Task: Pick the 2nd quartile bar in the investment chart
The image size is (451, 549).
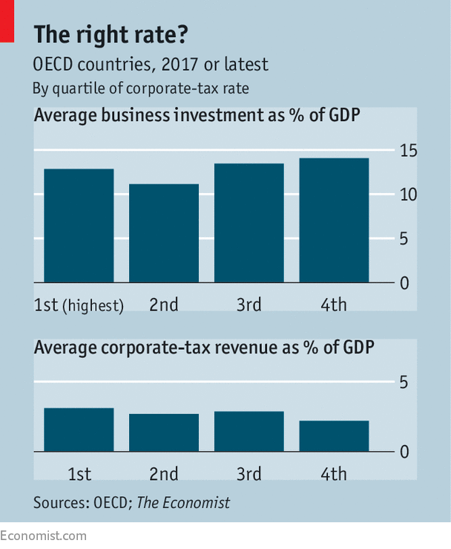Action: [164, 233]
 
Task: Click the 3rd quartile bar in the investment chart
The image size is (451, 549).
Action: [248, 223]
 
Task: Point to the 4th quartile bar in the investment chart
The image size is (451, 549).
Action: [334, 221]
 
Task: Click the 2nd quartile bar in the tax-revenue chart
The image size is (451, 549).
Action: [164, 432]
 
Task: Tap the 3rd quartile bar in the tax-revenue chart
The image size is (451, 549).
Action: [248, 431]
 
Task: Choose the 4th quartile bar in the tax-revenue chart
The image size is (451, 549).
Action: [334, 436]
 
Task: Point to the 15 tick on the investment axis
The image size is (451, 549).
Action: [408, 152]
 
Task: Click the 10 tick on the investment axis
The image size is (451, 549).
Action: [408, 195]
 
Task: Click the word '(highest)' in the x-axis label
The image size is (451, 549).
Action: [93, 305]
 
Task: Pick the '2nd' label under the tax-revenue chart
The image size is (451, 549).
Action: [163, 474]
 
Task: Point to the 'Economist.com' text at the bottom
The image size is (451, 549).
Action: [43, 536]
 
